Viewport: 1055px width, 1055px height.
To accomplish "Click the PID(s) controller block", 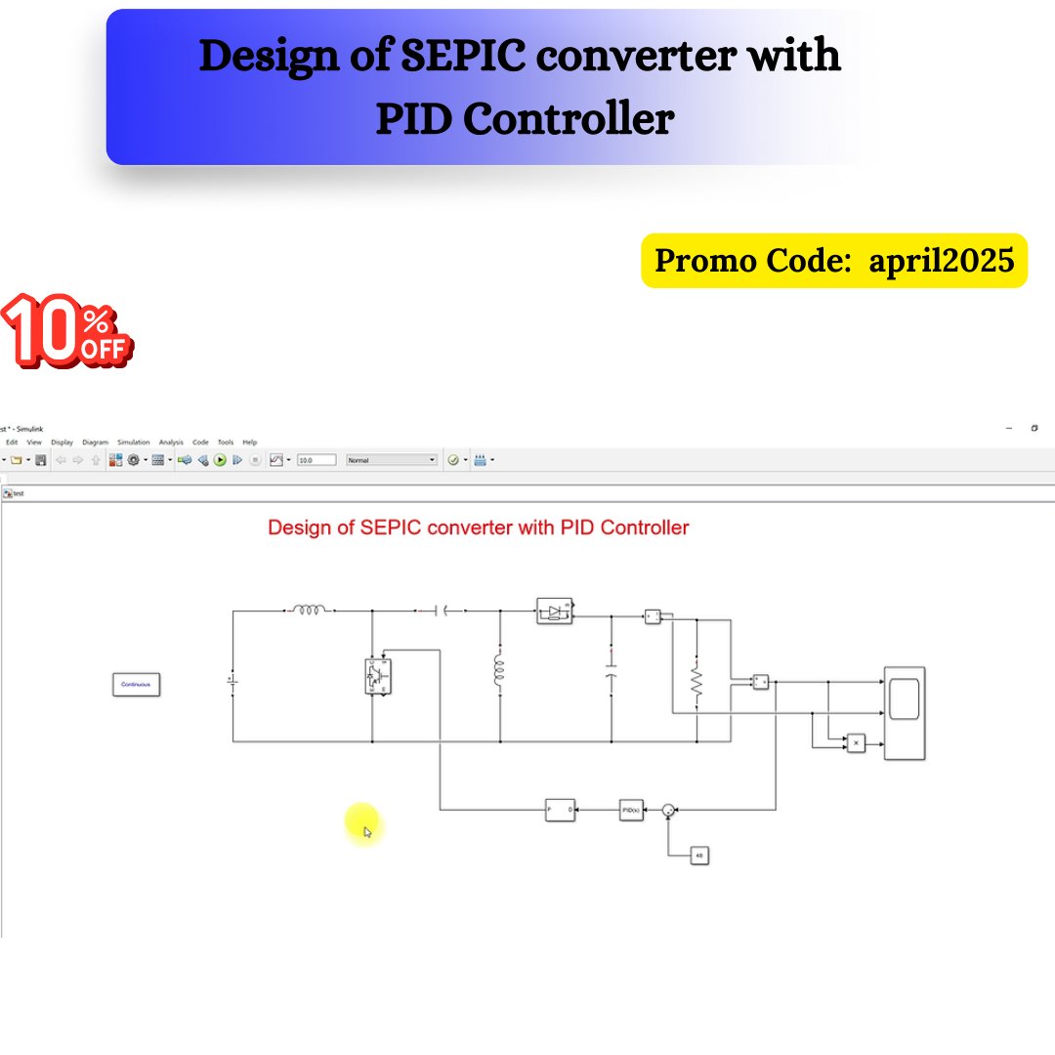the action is pyautogui.click(x=631, y=810).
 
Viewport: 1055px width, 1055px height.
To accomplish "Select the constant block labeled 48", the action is pyautogui.click(x=698, y=856).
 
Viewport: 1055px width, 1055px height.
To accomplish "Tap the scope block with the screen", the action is pyautogui.click(x=904, y=712).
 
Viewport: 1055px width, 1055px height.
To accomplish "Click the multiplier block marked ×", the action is pyautogui.click(x=856, y=743).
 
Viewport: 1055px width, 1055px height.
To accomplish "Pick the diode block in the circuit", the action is pyautogui.click(x=554, y=612).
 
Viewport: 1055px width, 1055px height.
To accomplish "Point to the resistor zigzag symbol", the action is pyautogui.click(x=696, y=681).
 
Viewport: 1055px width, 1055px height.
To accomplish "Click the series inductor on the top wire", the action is pyautogui.click(x=310, y=611).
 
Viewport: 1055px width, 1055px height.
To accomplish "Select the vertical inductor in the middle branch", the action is pyautogui.click(x=499, y=671).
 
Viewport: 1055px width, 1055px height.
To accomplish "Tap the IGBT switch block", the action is pyautogui.click(x=377, y=676).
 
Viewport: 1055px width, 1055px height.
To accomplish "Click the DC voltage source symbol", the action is pyautogui.click(x=232, y=678).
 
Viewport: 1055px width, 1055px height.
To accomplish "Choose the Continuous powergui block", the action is pyautogui.click(x=136, y=685).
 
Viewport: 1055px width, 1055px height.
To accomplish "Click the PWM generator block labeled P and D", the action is pyautogui.click(x=560, y=810).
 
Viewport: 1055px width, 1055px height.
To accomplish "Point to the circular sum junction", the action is pyautogui.click(x=668, y=810).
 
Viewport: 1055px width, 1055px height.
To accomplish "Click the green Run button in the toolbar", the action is pyautogui.click(x=220, y=460).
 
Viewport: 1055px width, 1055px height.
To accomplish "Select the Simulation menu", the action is pyautogui.click(x=134, y=443).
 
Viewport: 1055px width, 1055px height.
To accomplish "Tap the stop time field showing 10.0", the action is pyautogui.click(x=316, y=460).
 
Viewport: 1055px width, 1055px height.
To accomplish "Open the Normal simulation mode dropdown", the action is pyautogui.click(x=392, y=460).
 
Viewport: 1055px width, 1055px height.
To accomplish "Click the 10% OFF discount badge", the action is pyautogui.click(x=65, y=332).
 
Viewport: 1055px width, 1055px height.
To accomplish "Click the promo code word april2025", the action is pyautogui.click(x=942, y=261).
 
